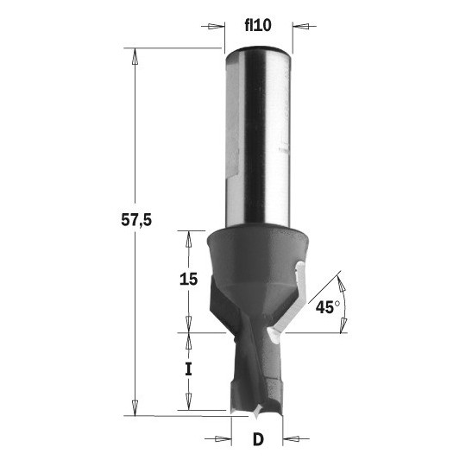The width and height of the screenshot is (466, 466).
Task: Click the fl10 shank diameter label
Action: (258, 25)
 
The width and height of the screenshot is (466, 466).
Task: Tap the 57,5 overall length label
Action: (136, 220)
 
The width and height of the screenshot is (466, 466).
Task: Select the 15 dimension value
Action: (188, 280)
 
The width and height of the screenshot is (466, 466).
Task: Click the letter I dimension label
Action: (188, 369)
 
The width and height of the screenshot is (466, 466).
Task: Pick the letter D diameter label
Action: (258, 439)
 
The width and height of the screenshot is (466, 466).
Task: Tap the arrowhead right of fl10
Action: (301, 26)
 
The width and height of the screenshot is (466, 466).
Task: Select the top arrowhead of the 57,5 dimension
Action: (135, 56)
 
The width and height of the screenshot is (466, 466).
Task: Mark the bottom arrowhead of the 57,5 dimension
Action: (135, 407)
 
